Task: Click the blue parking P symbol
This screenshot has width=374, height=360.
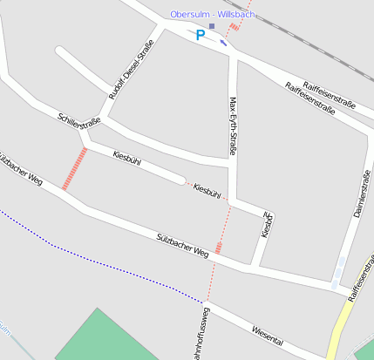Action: (x=201, y=36)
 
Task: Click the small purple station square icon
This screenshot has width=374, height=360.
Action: (x=211, y=26)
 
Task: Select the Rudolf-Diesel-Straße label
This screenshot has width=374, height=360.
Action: (x=123, y=76)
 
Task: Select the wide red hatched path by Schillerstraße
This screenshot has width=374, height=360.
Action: (x=75, y=168)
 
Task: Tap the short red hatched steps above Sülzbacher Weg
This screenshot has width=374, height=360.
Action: (x=218, y=248)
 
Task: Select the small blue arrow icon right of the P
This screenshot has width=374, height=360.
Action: (x=224, y=42)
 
